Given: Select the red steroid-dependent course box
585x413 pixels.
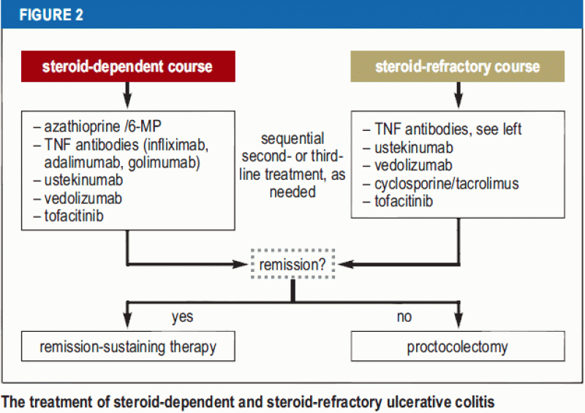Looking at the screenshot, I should tap(127, 67).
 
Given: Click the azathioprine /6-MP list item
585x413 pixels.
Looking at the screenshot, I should tap(88, 126).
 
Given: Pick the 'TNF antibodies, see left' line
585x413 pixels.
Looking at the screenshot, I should tap(442, 130).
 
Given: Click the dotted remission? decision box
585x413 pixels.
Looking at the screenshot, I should tap(292, 265).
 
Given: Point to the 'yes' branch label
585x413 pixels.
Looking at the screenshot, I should tap(182, 317).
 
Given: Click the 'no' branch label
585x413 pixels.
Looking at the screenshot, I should tap(404, 317).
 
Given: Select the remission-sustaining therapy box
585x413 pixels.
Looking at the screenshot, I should tap(128, 347).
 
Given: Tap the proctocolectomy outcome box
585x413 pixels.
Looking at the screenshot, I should tap(457, 347).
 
